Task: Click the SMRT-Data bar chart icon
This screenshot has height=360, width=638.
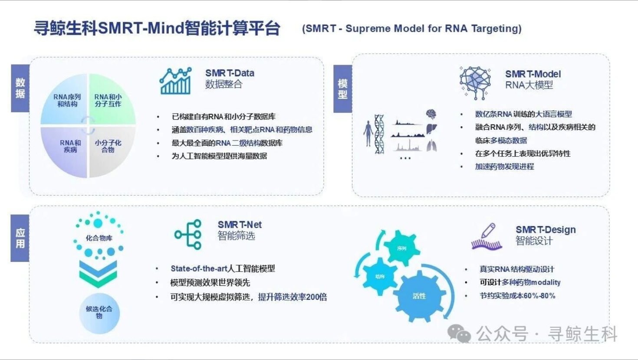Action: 175,81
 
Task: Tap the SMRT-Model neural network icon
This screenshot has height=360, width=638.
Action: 475,82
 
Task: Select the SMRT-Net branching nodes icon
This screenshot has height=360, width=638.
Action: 188,235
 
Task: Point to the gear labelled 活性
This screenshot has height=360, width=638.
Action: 419,296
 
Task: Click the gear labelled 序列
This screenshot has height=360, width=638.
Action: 401,248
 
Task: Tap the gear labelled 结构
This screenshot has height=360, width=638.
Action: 379,276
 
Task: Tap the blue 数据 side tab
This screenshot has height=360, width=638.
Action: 20,88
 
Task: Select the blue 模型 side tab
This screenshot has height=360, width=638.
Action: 342,89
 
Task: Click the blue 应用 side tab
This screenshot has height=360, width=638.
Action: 20,238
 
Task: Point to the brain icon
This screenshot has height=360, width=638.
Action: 431,114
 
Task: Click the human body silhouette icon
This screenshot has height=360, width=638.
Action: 368,134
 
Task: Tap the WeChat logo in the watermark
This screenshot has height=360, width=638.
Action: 459,334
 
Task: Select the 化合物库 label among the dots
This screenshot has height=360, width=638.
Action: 99,238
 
